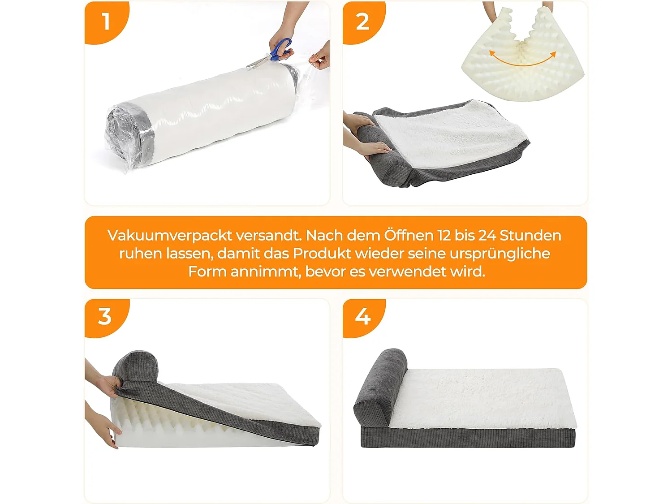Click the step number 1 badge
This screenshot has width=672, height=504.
coord(106,22)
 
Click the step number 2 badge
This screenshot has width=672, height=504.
coord(362,22)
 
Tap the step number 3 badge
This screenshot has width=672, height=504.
coord(105,316)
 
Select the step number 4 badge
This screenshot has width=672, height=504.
coord(362,316)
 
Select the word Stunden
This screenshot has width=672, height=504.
coord(530,236)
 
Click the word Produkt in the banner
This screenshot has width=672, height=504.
coord(322,254)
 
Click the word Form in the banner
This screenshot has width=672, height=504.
coord(207,271)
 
